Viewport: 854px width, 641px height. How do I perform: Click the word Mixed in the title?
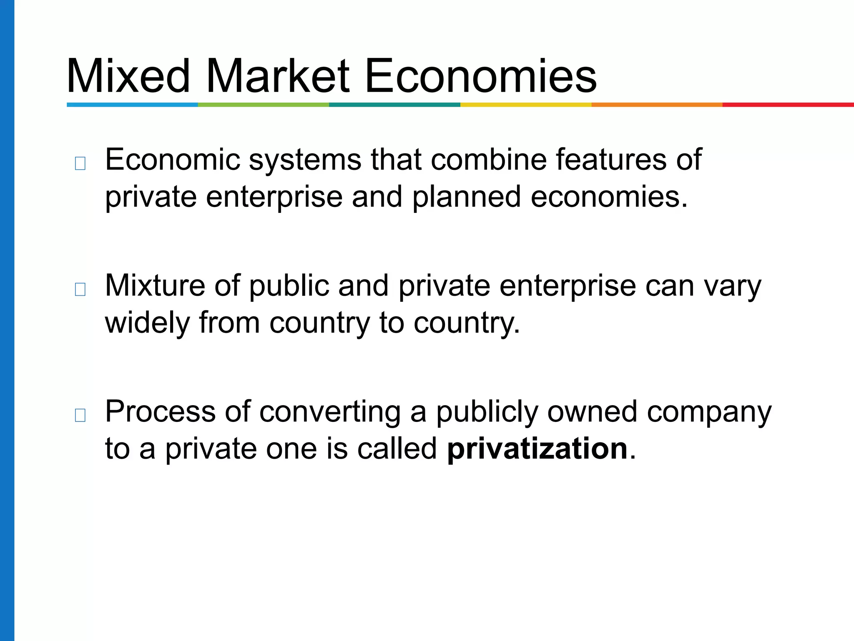(x=128, y=76)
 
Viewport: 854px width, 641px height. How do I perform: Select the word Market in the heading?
(x=277, y=76)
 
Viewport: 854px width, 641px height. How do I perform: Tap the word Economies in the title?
(x=480, y=76)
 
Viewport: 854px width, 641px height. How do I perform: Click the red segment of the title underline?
(x=788, y=105)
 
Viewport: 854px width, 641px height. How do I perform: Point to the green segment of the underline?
(x=264, y=105)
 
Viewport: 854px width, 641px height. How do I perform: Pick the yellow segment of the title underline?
(x=526, y=105)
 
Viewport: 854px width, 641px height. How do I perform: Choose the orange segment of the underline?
(x=657, y=105)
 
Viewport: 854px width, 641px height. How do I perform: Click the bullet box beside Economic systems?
(x=80, y=163)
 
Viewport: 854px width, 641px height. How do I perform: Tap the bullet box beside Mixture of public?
(x=80, y=289)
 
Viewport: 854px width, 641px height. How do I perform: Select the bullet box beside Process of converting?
(x=80, y=415)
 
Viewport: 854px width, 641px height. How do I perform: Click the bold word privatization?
(x=537, y=449)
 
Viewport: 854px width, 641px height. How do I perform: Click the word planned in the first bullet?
(x=467, y=197)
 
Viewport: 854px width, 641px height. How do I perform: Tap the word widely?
(x=147, y=323)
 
